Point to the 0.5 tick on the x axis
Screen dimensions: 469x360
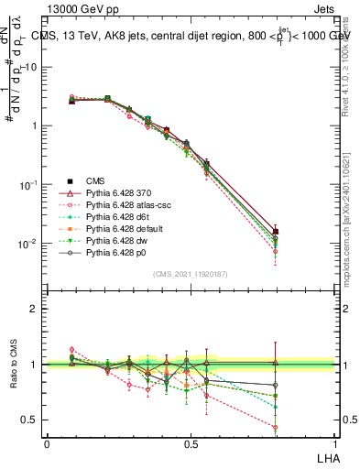190,443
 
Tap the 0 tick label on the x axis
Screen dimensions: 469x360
47,443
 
